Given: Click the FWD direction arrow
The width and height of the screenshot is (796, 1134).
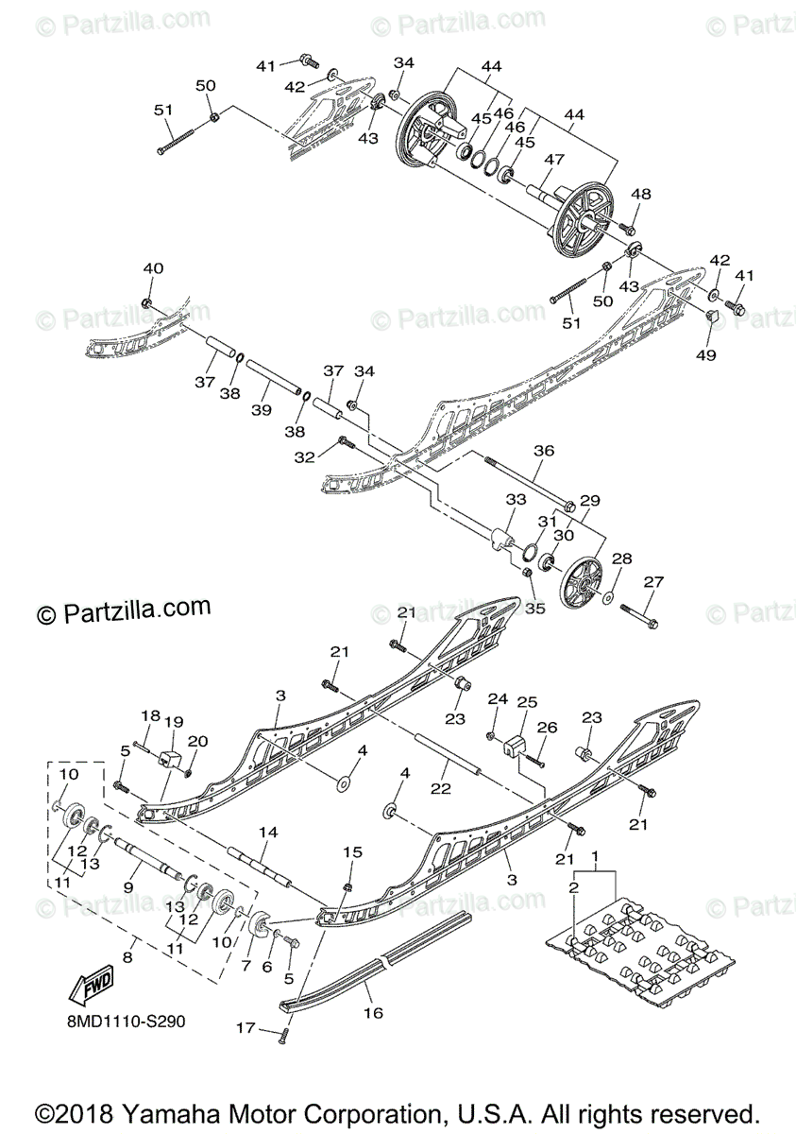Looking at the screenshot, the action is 90,988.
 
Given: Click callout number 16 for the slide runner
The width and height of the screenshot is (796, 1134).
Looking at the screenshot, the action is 374,1012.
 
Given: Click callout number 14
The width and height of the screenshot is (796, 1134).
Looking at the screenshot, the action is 269,833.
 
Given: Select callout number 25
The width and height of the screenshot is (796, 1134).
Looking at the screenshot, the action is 526,702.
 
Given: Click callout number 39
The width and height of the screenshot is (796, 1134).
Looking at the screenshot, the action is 262,409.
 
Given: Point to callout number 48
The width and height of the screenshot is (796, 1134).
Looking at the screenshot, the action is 641,195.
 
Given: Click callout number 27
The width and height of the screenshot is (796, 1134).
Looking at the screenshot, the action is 654,582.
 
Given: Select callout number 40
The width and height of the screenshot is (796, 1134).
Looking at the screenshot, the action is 153,268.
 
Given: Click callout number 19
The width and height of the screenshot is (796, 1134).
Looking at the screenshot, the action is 173,723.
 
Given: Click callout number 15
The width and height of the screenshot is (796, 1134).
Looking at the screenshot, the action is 352,852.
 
